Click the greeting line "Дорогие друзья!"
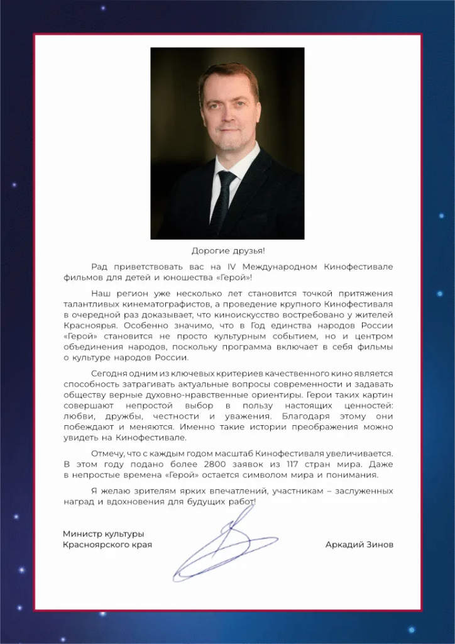tap(227, 250)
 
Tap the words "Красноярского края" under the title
tap(107, 545)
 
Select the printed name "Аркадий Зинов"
tap(359, 545)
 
